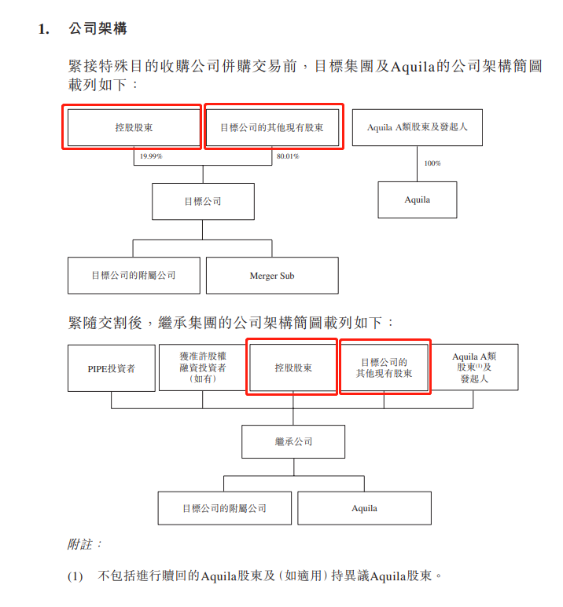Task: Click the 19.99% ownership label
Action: click(151, 156)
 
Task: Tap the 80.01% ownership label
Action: click(288, 156)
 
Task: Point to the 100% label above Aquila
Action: click(432, 163)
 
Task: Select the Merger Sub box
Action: click(272, 276)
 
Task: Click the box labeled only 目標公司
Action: click(203, 201)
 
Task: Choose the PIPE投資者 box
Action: click(112, 368)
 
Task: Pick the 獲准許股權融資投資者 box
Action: click(202, 367)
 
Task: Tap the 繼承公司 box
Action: click(293, 441)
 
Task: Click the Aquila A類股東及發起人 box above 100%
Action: click(418, 127)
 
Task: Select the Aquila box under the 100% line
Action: click(418, 199)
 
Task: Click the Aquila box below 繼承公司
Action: click(365, 508)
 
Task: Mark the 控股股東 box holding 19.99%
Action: click(134, 127)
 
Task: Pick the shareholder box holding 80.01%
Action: click(272, 127)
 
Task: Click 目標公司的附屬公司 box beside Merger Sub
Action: click(134, 276)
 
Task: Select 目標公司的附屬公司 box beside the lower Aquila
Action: click(225, 508)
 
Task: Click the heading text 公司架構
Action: click(98, 28)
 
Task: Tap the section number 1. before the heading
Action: click(44, 29)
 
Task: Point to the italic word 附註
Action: click(80, 544)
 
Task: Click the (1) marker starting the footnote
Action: click(75, 576)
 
